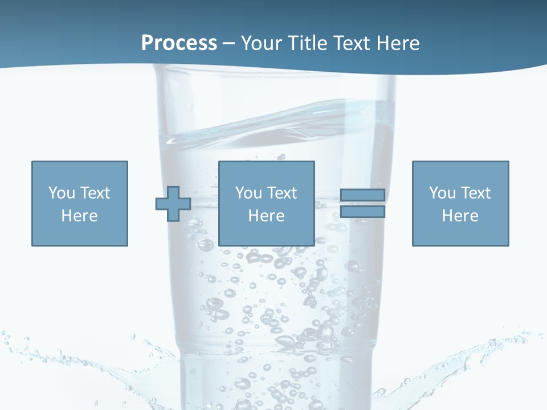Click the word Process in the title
click(x=179, y=43)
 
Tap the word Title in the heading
click(x=308, y=43)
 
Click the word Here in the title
click(x=398, y=43)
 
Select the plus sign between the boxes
click(x=173, y=203)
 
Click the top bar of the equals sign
click(x=362, y=195)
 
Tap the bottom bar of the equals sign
click(x=362, y=212)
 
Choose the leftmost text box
click(x=80, y=203)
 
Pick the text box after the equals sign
click(x=460, y=203)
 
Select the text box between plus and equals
click(x=267, y=203)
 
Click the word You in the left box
click(x=61, y=193)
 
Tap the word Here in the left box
click(x=79, y=216)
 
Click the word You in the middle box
click(x=248, y=193)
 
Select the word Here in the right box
click(x=460, y=216)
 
